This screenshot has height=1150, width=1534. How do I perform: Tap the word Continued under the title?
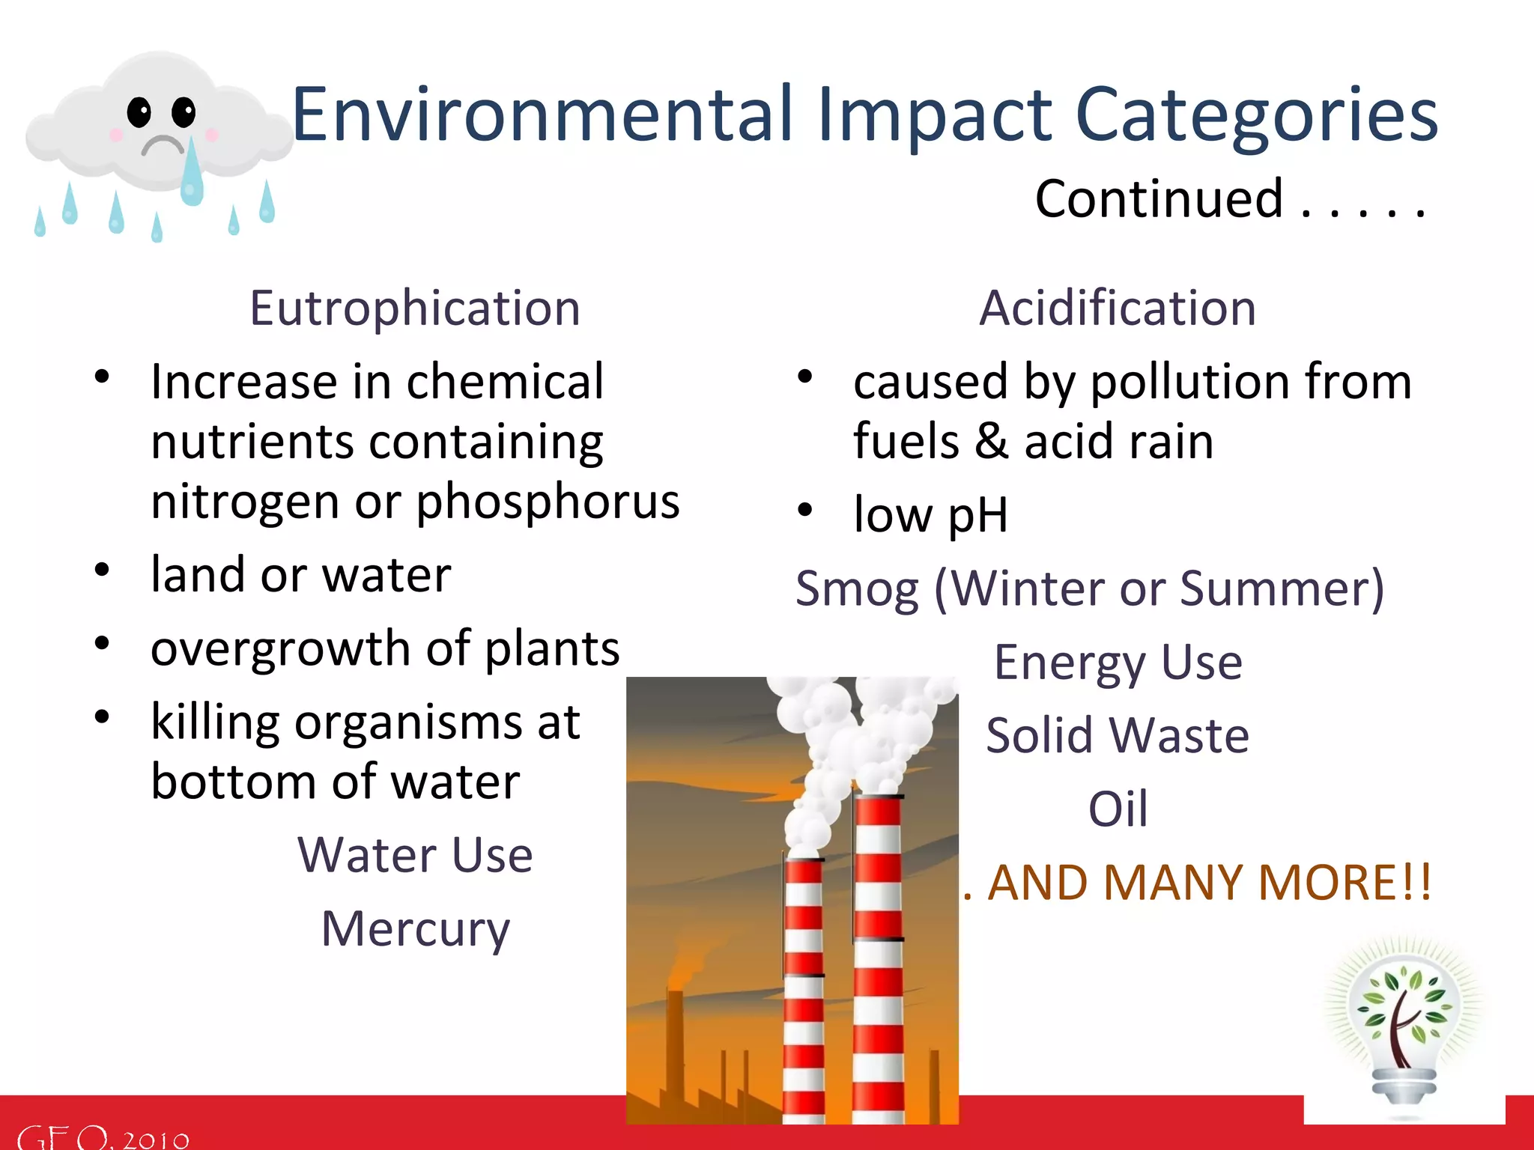point(1159,199)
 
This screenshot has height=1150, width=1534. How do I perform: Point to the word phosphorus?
point(548,501)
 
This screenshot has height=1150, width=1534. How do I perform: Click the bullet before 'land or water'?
point(103,570)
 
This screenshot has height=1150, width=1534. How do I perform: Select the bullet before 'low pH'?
point(805,510)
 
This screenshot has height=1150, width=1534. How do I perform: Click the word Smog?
point(857,589)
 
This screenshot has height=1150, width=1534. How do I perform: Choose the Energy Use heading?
point(1118,662)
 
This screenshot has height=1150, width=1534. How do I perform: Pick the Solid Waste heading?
point(1118,735)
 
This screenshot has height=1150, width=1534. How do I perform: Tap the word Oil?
point(1118,809)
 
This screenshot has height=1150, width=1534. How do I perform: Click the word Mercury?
point(415,928)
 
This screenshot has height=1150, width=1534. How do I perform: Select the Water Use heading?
point(415,855)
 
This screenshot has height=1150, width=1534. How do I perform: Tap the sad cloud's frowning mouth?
point(163,144)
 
